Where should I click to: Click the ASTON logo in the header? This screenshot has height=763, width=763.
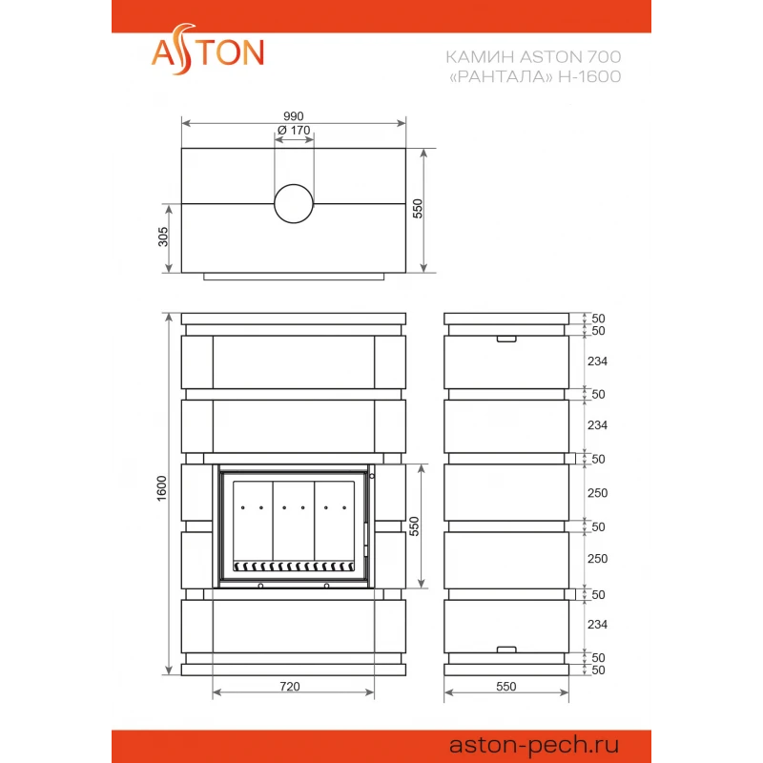pyautogui.click(x=208, y=51)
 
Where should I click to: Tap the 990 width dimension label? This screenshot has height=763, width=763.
pyautogui.click(x=294, y=116)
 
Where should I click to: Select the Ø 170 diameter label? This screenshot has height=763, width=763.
pyautogui.click(x=294, y=131)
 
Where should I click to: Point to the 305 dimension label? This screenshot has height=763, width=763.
pyautogui.click(x=163, y=237)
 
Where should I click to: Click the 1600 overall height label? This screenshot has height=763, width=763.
pyautogui.click(x=161, y=488)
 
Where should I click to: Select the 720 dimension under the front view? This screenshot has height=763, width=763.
pyautogui.click(x=290, y=687)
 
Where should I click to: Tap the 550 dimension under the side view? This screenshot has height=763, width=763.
pyautogui.click(x=506, y=687)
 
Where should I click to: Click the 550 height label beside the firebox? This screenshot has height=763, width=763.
pyautogui.click(x=414, y=526)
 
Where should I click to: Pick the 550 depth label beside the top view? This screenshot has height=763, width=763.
pyautogui.click(x=418, y=209)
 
